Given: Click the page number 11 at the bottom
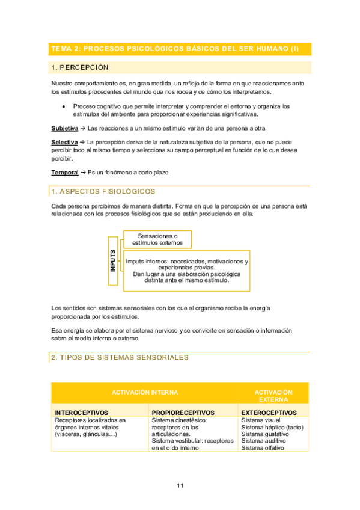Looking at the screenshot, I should click(180, 486).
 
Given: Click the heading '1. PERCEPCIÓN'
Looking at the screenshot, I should click(80, 67).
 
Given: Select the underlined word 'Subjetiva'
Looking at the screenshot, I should click(65, 128).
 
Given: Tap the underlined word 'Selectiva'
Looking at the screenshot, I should click(64, 142).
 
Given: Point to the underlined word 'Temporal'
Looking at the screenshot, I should click(64, 173).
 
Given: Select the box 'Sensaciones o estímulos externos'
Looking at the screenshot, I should click(158, 239).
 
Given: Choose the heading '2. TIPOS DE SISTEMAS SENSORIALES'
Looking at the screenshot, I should click(120, 357).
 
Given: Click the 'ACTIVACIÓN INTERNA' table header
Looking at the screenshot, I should click(145, 392).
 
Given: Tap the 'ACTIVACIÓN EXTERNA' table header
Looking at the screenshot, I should click(273, 395).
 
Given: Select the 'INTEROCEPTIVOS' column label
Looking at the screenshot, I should click(82, 413).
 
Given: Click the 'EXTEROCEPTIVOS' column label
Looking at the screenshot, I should click(269, 413).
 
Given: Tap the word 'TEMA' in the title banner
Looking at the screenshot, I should click(61, 49).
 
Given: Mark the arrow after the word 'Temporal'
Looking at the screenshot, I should click(83, 173).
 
